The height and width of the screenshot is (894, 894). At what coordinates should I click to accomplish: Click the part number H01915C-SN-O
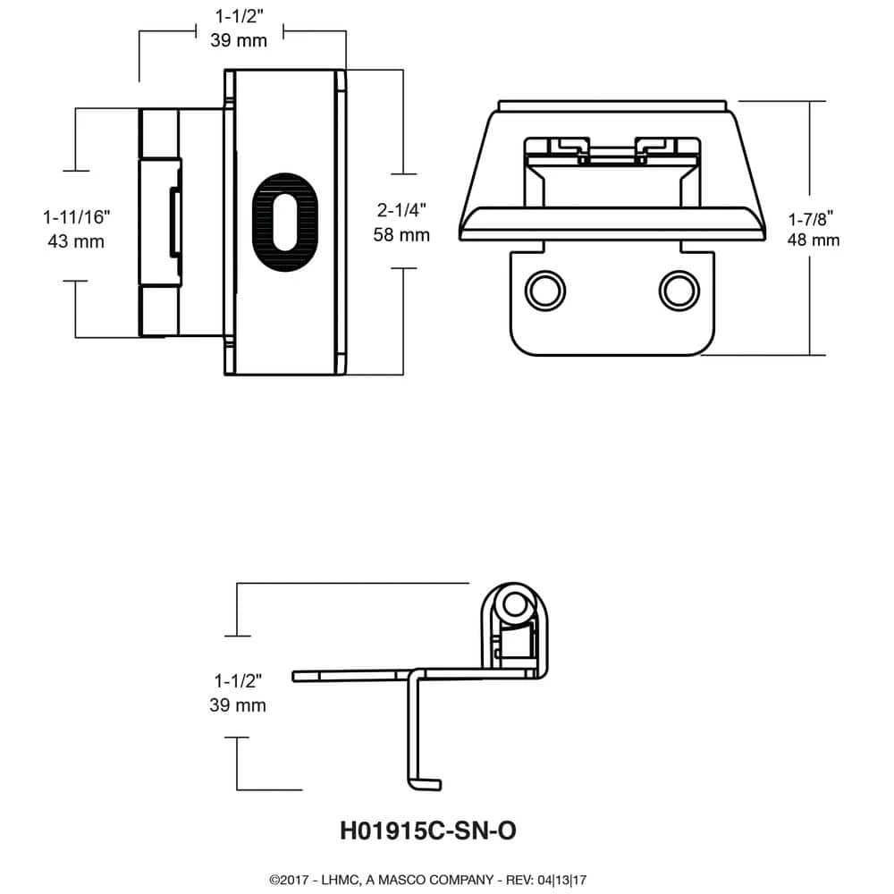pyautogui.click(x=428, y=831)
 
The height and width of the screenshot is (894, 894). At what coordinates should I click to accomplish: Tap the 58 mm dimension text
pyautogui.click(x=402, y=235)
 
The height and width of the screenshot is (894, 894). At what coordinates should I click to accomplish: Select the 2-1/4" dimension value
pyautogui.click(x=402, y=212)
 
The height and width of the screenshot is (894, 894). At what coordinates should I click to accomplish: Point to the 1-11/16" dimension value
pyautogui.click(x=75, y=216)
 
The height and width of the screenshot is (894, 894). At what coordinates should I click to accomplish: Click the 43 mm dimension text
pyautogui.click(x=75, y=240)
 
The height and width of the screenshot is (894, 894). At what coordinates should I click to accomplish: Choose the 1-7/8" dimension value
pyautogui.click(x=813, y=217)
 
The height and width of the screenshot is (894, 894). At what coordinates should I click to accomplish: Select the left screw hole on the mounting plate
pyautogui.click(x=544, y=290)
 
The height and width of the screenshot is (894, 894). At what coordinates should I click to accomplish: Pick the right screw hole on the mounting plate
pyautogui.click(x=678, y=290)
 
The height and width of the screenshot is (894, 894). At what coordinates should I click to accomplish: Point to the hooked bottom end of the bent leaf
pyautogui.click(x=426, y=785)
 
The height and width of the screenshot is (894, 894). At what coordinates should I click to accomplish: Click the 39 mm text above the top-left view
pyautogui.click(x=239, y=39)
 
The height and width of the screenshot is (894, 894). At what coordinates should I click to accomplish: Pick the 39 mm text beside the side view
pyautogui.click(x=237, y=705)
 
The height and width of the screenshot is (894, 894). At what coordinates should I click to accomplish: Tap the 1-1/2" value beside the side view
pyautogui.click(x=237, y=681)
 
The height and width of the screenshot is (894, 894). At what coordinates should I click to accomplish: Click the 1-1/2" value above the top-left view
pyautogui.click(x=239, y=15)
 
